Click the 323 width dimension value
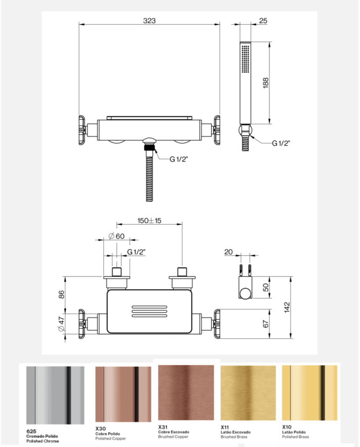(x=149, y=21)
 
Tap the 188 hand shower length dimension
(x=265, y=83)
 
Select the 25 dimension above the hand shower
(x=263, y=21)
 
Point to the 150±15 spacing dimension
(x=150, y=221)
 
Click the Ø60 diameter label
(x=117, y=236)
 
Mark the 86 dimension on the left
(x=61, y=294)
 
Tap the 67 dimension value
(x=265, y=324)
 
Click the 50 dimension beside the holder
(x=265, y=287)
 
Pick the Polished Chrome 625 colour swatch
(x=55, y=395)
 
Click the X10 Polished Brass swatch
(x=310, y=392)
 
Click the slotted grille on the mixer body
(x=149, y=311)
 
